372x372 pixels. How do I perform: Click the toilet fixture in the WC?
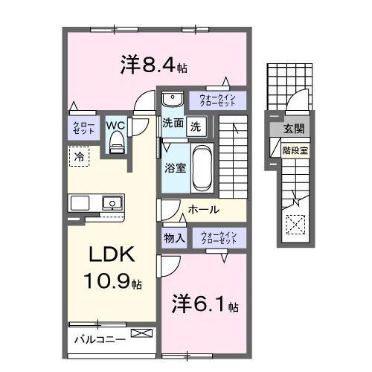(116, 145)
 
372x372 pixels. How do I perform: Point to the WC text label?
(115, 125)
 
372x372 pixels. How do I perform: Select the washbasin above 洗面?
(172, 100)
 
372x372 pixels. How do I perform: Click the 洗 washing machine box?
(194, 126)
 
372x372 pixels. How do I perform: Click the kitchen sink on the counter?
(112, 202)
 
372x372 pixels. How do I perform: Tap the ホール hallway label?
(203, 211)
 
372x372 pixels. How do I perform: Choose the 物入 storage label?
(174, 239)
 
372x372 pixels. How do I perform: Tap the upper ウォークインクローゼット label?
(217, 100)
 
